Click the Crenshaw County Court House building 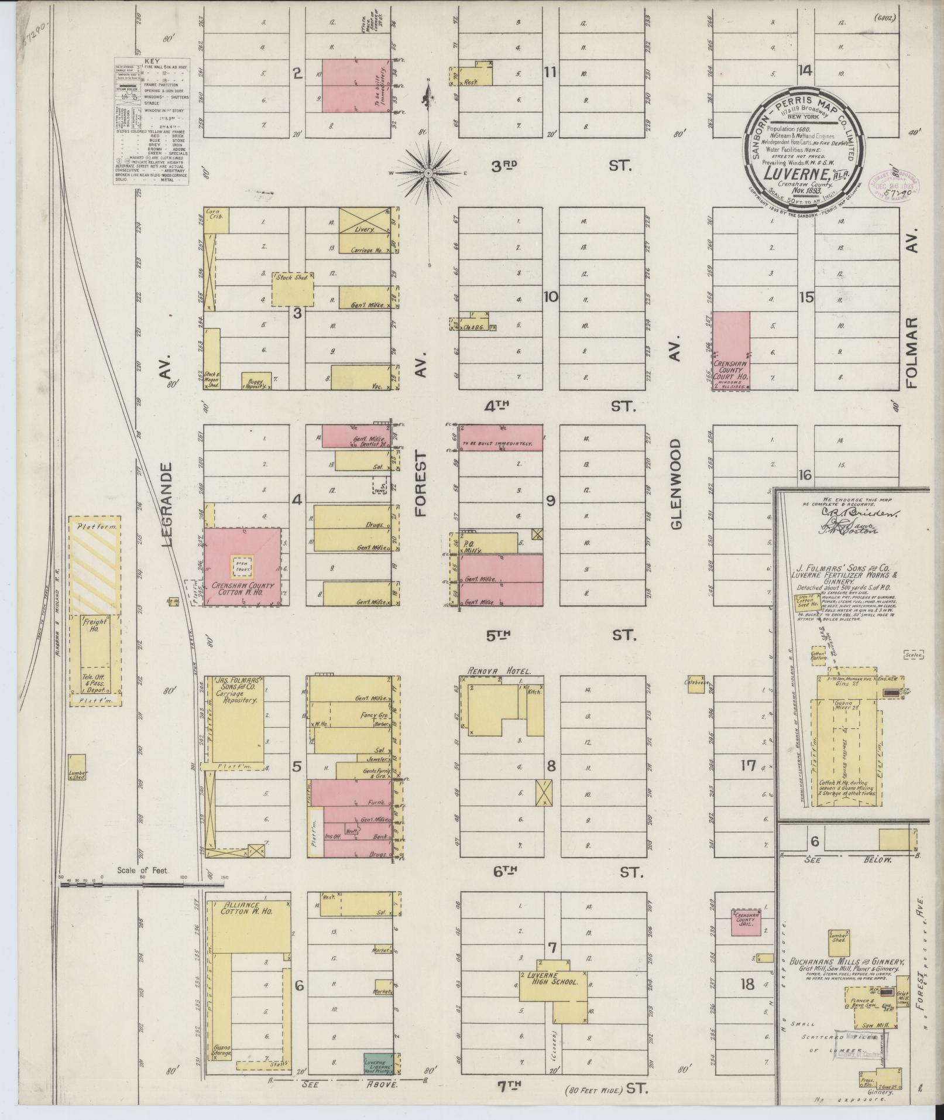(x=731, y=350)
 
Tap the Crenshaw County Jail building (x=745, y=923)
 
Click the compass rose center (x=428, y=174)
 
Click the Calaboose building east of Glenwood (x=696, y=685)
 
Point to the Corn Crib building (x=216, y=221)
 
